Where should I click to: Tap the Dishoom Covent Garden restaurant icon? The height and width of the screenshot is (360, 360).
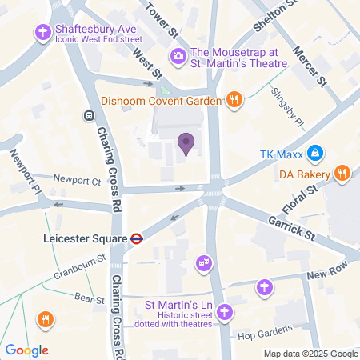click(234, 99)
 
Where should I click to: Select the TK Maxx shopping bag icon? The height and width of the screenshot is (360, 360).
click(316, 151)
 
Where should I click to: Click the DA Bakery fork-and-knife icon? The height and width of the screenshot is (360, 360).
click(342, 173)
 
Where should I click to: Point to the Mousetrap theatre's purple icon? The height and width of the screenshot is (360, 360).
click(177, 55)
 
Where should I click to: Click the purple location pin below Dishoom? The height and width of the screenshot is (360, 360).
click(186, 143)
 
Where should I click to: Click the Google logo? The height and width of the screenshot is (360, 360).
click(27, 350)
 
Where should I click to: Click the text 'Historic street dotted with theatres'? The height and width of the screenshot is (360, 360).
click(178, 320)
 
